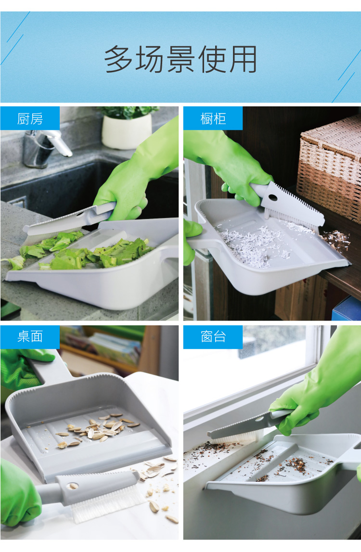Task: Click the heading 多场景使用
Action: (180, 59)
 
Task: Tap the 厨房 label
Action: (30, 119)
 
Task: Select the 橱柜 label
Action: (213, 119)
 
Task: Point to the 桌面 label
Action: (30, 336)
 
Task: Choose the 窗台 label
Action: (213, 336)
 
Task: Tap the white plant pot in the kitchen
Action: (127, 131)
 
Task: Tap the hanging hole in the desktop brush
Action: (73, 486)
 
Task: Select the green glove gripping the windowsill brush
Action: (315, 384)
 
